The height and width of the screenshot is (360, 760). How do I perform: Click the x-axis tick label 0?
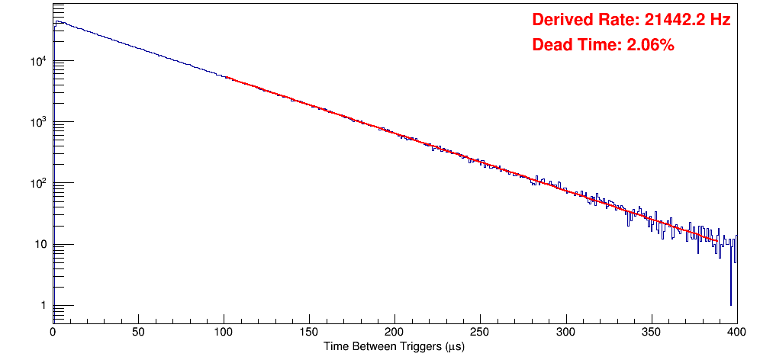(53, 333)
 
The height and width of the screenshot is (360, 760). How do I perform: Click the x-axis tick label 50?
(138, 333)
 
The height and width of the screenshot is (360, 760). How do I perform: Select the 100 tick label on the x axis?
(224, 333)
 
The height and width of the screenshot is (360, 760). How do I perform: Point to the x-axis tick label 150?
(309, 333)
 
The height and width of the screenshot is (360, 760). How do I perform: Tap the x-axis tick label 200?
(394, 333)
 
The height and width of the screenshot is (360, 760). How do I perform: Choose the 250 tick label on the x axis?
(480, 333)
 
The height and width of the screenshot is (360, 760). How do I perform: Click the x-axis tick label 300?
(565, 333)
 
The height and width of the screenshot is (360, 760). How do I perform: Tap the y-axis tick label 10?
(41, 246)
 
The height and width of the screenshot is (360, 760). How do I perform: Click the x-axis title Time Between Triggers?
(394, 347)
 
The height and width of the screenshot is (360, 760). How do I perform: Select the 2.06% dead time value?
(650, 46)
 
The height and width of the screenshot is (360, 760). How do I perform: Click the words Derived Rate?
(580, 21)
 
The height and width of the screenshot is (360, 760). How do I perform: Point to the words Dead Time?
(576, 46)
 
